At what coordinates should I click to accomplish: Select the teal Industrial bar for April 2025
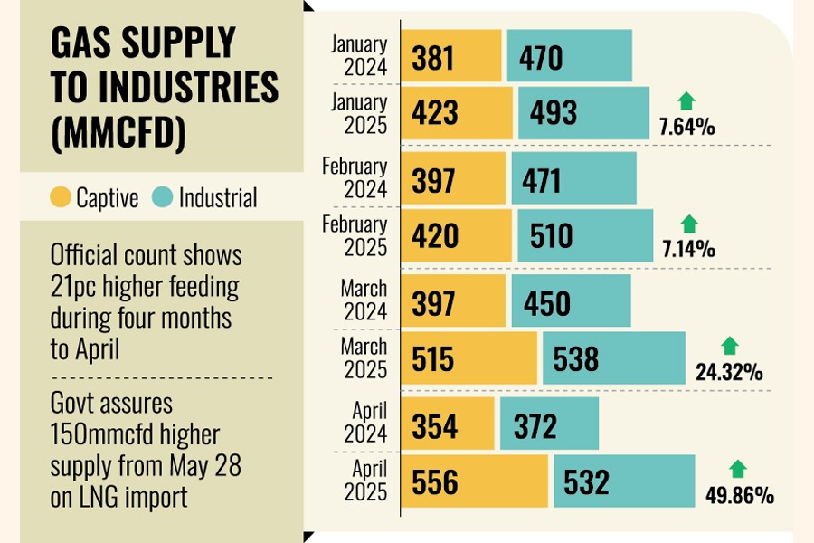pos(624,481)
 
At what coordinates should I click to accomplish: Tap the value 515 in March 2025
pos(435,358)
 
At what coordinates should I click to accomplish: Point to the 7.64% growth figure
pos(686,127)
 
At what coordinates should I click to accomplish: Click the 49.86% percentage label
pos(739,495)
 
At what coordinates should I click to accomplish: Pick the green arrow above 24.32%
pos(730,346)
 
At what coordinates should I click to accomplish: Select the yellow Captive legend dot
pos(61,197)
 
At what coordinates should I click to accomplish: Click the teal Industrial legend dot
pos(164,197)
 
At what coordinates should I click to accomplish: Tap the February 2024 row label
pos(355,177)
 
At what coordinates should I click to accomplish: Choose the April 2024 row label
pos(369,422)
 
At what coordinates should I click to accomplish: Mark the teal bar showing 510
pos(585,236)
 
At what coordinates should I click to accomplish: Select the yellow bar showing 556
pos(475,481)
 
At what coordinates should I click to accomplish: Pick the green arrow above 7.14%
pos(689,224)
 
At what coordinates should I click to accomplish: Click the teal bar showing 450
pos(571,302)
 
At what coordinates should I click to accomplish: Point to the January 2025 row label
pos(359,113)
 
